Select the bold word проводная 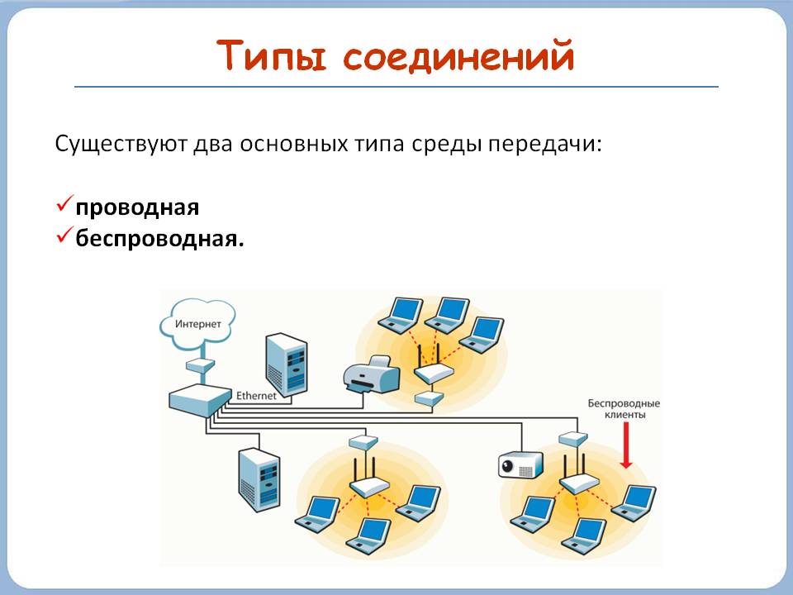pos(138,207)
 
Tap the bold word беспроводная pos(160,238)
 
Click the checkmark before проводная pos(64,206)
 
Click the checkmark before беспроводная pos(64,237)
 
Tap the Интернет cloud pos(199,323)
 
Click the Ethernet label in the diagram pos(256,396)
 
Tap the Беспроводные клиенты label pos(624,409)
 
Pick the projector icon pos(520,465)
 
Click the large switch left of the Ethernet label pos(199,401)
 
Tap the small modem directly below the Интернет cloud pos(200,364)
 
